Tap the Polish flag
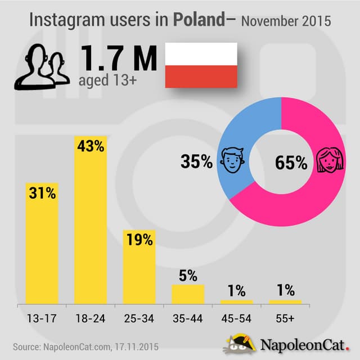click(200, 66)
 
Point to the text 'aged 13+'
click(102, 81)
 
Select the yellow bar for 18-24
click(91, 225)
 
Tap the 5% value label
click(188, 276)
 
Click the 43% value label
click(91, 147)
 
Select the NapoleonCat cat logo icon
click(244, 344)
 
